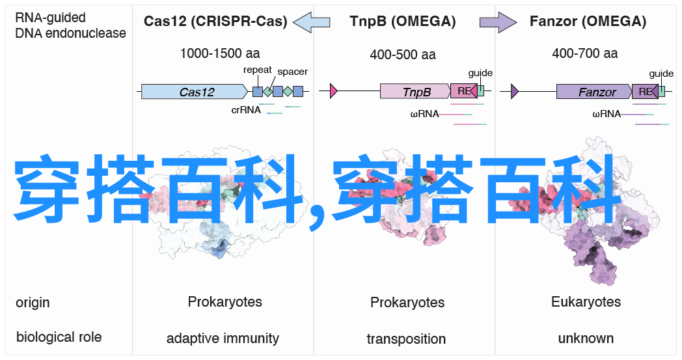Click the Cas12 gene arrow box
click(x=195, y=91)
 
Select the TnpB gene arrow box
click(x=415, y=91)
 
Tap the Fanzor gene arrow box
click(x=594, y=91)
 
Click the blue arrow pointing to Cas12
click(x=312, y=21)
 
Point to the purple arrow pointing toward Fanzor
click(x=498, y=21)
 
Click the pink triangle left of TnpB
click(x=334, y=91)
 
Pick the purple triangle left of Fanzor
click(x=515, y=91)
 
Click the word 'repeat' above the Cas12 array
click(x=258, y=70)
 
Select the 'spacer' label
click(x=292, y=72)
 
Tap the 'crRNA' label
click(x=246, y=110)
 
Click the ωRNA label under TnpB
click(x=424, y=114)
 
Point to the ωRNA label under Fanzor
click(x=607, y=114)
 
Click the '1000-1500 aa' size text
click(x=220, y=53)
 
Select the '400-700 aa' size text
click(x=584, y=53)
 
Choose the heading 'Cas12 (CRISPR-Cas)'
click(x=215, y=21)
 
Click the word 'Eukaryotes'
click(x=586, y=301)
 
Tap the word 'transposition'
click(x=406, y=339)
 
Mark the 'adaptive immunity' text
click(x=223, y=339)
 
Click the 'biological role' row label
click(x=59, y=337)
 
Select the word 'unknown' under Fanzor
click(x=586, y=339)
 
